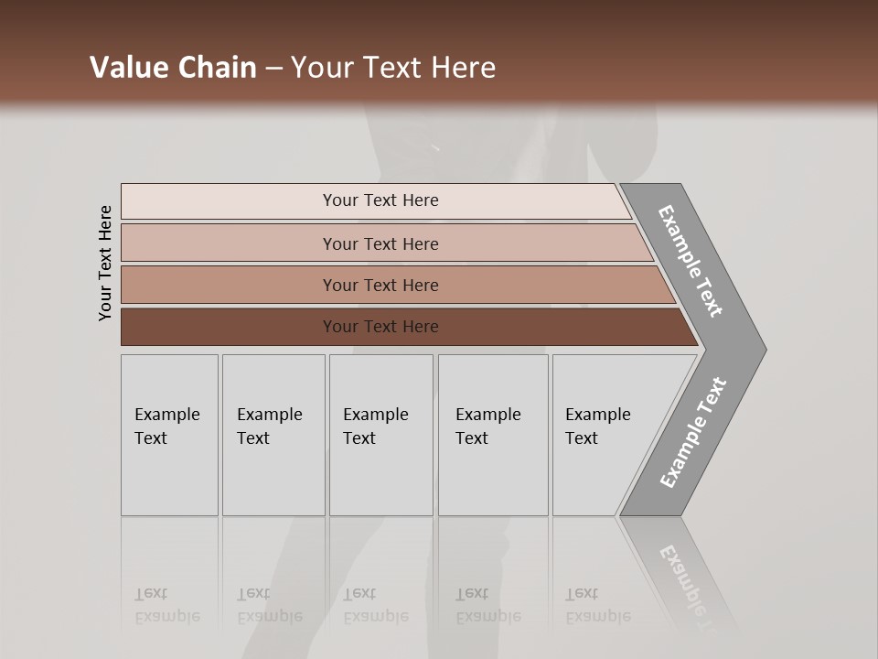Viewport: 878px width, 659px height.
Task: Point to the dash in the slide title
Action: click(273, 69)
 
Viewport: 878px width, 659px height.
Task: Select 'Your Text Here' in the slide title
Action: click(393, 68)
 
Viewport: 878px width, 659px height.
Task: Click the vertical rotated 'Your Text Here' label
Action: click(105, 263)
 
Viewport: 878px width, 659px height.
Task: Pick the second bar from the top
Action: click(380, 243)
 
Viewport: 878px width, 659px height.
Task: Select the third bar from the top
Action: click(380, 285)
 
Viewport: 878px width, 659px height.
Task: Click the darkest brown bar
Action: click(380, 327)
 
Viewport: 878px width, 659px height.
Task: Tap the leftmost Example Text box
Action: click(169, 435)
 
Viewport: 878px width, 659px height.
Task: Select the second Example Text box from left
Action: click(273, 435)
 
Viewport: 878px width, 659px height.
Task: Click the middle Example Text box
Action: click(380, 435)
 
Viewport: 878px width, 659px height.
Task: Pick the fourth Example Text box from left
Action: click(493, 435)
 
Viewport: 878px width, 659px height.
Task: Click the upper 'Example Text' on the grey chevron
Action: click(691, 261)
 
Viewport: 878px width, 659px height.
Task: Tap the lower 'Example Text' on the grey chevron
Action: click(693, 433)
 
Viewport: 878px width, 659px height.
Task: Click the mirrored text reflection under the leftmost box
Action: click(166, 605)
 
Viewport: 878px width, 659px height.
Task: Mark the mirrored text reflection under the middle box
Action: click(375, 605)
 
